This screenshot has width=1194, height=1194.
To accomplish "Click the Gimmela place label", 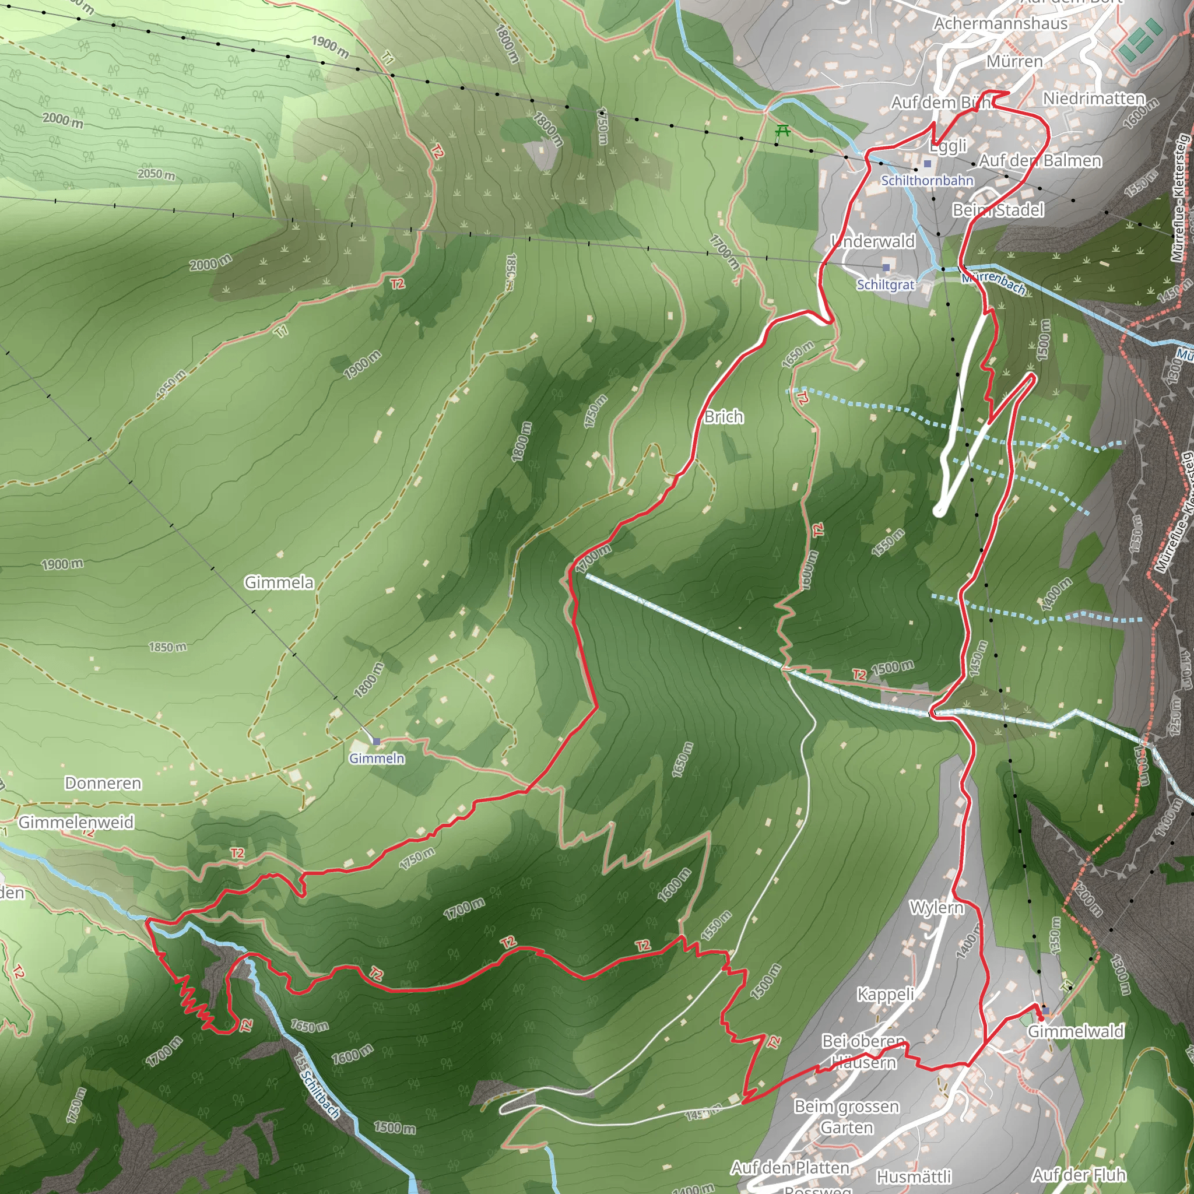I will click(279, 582).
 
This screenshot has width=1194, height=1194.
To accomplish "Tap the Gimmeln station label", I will click(377, 758).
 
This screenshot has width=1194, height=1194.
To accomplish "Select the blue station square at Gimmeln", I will click(377, 741).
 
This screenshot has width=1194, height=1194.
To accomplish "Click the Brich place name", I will click(723, 417).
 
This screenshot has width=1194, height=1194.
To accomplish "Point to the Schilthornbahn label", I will click(927, 181).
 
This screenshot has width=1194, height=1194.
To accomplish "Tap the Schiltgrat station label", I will click(885, 285).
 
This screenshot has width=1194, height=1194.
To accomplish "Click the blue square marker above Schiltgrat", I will click(886, 268).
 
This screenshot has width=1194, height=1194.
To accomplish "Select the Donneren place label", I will click(103, 783).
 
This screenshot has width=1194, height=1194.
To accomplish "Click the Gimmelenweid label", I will click(76, 822).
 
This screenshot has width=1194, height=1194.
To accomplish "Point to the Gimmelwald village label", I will click(1075, 1031).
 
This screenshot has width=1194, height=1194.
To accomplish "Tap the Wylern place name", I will click(936, 907).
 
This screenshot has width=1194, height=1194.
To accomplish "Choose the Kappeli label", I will click(885, 995).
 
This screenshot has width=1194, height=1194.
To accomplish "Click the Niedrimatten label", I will click(1093, 99).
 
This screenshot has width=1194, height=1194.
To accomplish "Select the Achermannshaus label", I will click(1000, 23).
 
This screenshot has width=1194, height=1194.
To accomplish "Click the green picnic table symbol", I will click(782, 131).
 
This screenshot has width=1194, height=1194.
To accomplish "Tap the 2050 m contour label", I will click(156, 174).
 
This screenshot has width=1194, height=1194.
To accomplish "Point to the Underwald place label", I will click(873, 241).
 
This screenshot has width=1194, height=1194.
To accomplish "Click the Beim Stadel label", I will click(998, 210).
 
